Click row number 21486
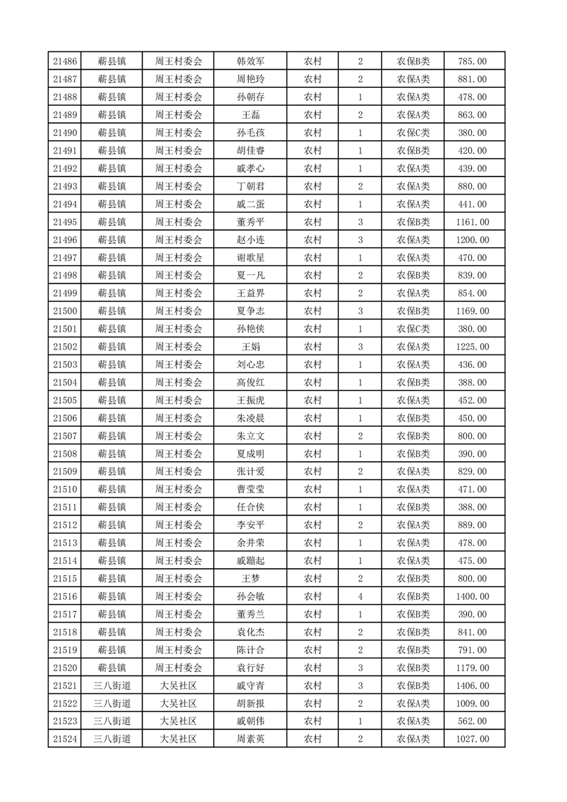click(65, 61)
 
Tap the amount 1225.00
click(473, 347)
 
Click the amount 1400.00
click(473, 596)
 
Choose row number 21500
click(65, 311)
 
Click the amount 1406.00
click(473, 685)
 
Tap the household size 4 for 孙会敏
click(360, 596)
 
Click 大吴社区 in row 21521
click(178, 685)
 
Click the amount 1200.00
click(473, 240)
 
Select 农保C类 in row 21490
click(413, 133)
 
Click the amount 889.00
click(473, 525)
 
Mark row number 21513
click(65, 543)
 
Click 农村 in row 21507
click(312, 436)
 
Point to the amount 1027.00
click(473, 739)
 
